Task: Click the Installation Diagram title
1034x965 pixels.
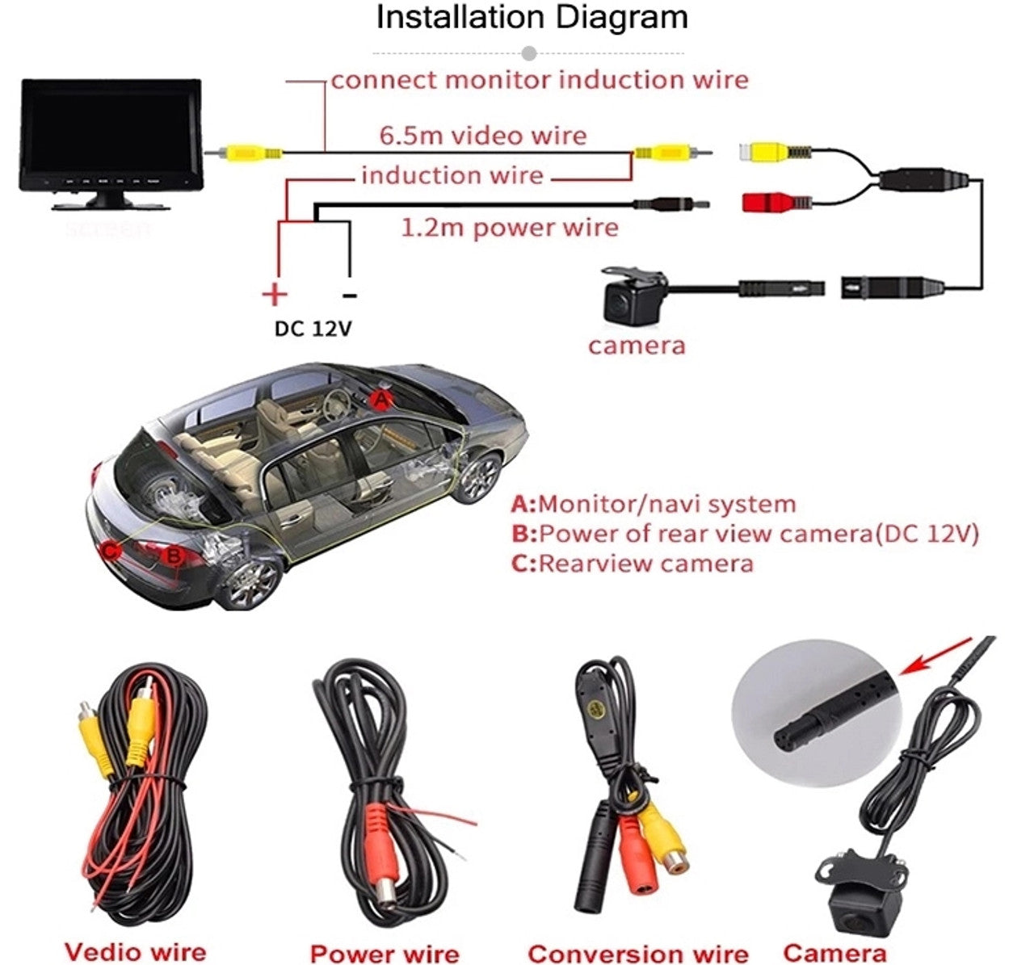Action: (532, 18)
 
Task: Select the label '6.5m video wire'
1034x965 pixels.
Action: (483, 135)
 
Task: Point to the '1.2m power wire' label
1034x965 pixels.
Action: (510, 228)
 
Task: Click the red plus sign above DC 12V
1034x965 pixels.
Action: (275, 294)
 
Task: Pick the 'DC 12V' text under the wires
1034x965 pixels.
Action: (313, 329)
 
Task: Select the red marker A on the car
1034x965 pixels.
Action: (381, 399)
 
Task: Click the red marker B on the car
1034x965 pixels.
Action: (172, 556)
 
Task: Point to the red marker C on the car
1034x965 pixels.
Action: (111, 551)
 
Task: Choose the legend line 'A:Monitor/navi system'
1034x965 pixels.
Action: (654, 505)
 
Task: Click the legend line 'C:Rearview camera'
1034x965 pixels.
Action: (633, 563)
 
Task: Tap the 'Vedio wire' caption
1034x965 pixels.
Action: (135, 951)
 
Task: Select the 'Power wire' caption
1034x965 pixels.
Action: (384, 953)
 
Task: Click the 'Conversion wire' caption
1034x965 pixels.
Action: (638, 953)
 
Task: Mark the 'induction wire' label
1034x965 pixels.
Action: (452, 175)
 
